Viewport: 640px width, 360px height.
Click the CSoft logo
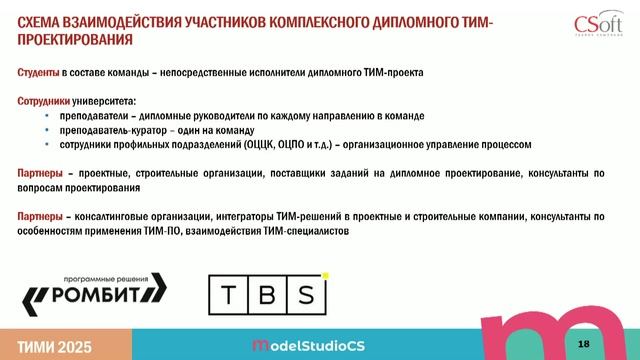[x=599, y=22]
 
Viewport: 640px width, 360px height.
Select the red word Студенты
[x=38, y=73]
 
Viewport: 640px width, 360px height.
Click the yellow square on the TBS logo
[x=325, y=272]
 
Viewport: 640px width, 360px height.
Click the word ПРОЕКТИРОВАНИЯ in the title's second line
[x=75, y=40]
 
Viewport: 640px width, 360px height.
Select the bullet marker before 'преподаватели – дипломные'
[x=49, y=116]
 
